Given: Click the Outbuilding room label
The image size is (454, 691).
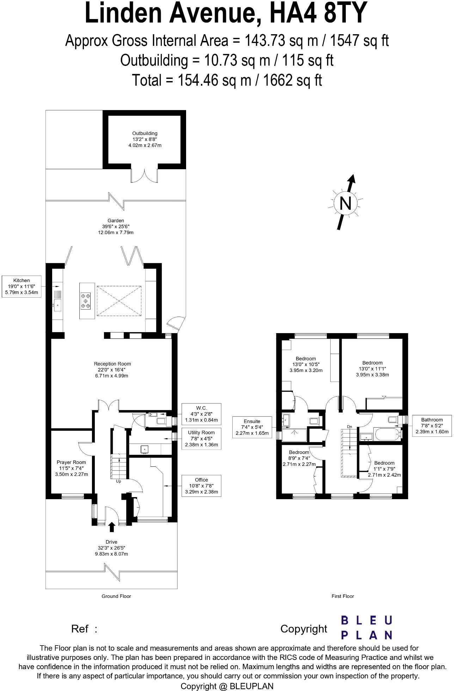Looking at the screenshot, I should tap(145, 139).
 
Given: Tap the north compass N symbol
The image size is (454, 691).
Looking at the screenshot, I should tap(345, 203).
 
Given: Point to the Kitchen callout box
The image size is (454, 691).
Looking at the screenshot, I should tap(22, 286).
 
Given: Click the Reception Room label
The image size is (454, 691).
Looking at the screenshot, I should tap(112, 369).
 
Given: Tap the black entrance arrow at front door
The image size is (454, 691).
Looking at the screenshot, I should tap(112, 527).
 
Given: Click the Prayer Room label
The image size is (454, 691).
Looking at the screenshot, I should tap(72, 468).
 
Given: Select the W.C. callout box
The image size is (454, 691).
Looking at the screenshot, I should tap(201, 414).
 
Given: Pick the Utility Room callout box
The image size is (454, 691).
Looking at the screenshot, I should tap(201, 438).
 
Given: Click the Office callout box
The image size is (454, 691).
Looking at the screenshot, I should tap(201, 485).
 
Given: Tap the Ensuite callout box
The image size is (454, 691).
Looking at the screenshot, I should tap(252, 427).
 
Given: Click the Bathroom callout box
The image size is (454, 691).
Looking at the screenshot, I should tap(432, 425).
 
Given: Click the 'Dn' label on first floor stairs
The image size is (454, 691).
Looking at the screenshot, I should tap(349, 427).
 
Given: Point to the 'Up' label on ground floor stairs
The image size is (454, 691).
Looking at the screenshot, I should tap(118, 481).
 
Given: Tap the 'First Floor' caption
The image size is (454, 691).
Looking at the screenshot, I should tap(343, 596).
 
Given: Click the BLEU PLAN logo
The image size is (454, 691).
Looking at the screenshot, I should tap(366, 627).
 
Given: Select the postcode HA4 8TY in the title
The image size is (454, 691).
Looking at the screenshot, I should tap(319, 13).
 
